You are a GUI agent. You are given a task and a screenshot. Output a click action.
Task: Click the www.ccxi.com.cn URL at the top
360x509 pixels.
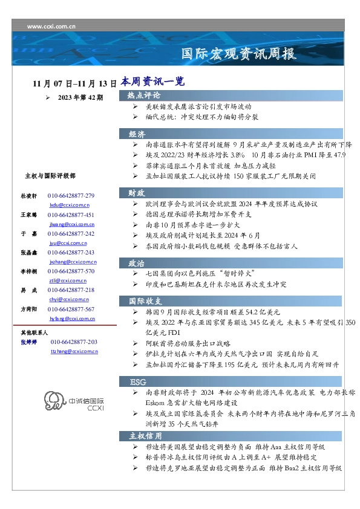pos(51,27)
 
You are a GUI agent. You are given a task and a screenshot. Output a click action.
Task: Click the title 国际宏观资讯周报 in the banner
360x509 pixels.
pos(239,54)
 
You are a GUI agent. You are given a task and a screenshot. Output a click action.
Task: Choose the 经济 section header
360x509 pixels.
pos(137,134)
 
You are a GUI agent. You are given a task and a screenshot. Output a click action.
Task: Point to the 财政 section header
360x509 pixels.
pos(137,193)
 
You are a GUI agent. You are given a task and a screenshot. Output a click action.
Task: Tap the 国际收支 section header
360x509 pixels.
pos(144,300)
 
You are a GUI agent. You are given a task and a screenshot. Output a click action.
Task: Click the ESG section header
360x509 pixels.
pos(138,381)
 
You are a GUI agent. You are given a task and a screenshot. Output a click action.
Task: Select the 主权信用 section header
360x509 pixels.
pos(145,435)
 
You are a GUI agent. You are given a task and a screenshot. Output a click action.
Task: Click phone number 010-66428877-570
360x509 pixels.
pos(71,271)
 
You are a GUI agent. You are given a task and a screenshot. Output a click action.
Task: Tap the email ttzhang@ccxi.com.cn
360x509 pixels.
pos(74,351)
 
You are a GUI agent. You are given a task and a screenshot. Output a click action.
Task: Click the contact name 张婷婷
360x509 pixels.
pos(30,342)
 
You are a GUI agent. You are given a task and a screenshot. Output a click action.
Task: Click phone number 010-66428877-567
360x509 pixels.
pos(71,309)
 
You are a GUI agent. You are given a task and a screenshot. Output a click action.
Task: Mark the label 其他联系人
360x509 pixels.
pos(34,332)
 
